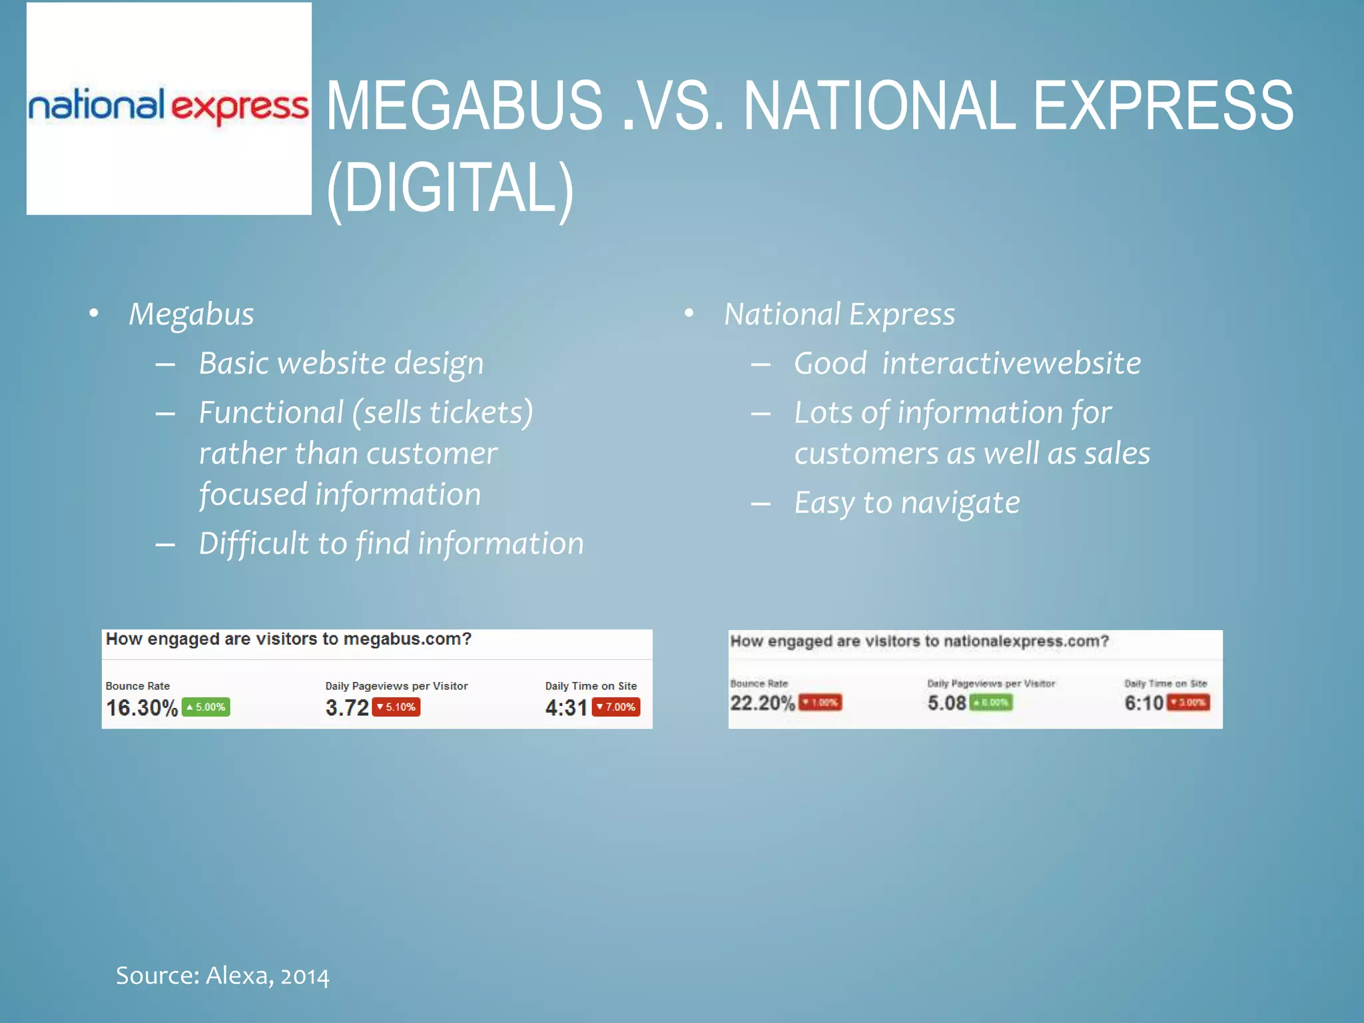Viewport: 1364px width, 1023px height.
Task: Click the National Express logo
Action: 169,107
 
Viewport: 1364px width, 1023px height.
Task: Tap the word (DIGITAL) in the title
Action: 450,188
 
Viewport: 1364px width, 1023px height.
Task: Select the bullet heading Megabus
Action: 191,314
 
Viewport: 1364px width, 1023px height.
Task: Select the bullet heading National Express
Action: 839,314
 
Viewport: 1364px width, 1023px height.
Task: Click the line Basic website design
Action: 341,364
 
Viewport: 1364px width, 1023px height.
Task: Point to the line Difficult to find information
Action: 391,543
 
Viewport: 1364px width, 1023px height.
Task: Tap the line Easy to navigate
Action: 906,503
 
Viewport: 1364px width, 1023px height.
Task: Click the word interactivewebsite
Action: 1011,364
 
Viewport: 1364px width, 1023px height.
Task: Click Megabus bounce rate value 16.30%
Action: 142,707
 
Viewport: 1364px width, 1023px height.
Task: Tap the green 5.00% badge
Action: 206,707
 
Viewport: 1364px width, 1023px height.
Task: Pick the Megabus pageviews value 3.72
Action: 347,707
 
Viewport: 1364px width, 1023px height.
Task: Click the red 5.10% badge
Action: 396,707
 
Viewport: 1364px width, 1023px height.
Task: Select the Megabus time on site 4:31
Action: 566,707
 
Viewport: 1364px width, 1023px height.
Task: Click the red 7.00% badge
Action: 616,707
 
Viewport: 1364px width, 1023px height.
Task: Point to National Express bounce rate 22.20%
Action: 763,703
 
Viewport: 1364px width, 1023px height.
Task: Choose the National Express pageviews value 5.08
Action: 946,703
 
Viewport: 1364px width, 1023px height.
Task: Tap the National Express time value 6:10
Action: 1144,703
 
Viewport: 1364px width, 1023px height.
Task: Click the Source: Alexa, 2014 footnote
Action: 222,976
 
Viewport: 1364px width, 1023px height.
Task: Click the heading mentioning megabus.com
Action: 288,639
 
